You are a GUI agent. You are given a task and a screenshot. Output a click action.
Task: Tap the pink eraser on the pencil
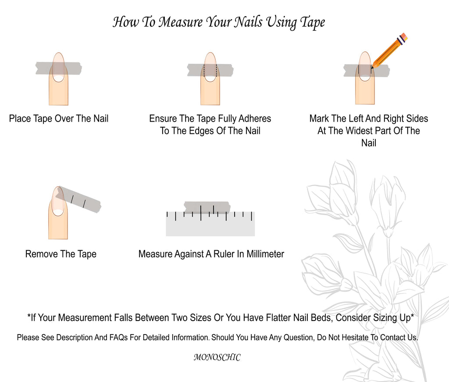404,36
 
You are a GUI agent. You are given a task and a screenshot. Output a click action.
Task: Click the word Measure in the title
181,22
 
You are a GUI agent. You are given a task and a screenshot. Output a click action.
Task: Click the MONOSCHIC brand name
217,357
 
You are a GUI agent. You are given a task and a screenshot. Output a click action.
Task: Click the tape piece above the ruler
207,207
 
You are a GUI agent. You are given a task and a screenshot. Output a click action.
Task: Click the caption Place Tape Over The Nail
59,119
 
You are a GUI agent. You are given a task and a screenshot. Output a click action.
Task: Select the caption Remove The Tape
61,254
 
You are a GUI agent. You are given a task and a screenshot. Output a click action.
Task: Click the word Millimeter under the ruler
265,254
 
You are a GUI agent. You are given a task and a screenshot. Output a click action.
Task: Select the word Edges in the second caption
200,131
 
